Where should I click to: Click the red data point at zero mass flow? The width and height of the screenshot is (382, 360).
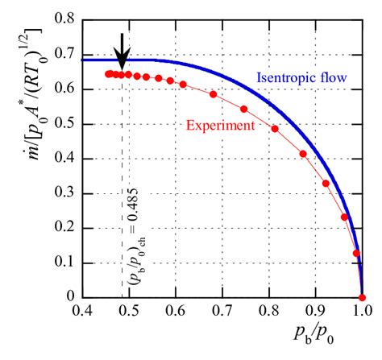362,297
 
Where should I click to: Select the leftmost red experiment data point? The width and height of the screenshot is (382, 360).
108,73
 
